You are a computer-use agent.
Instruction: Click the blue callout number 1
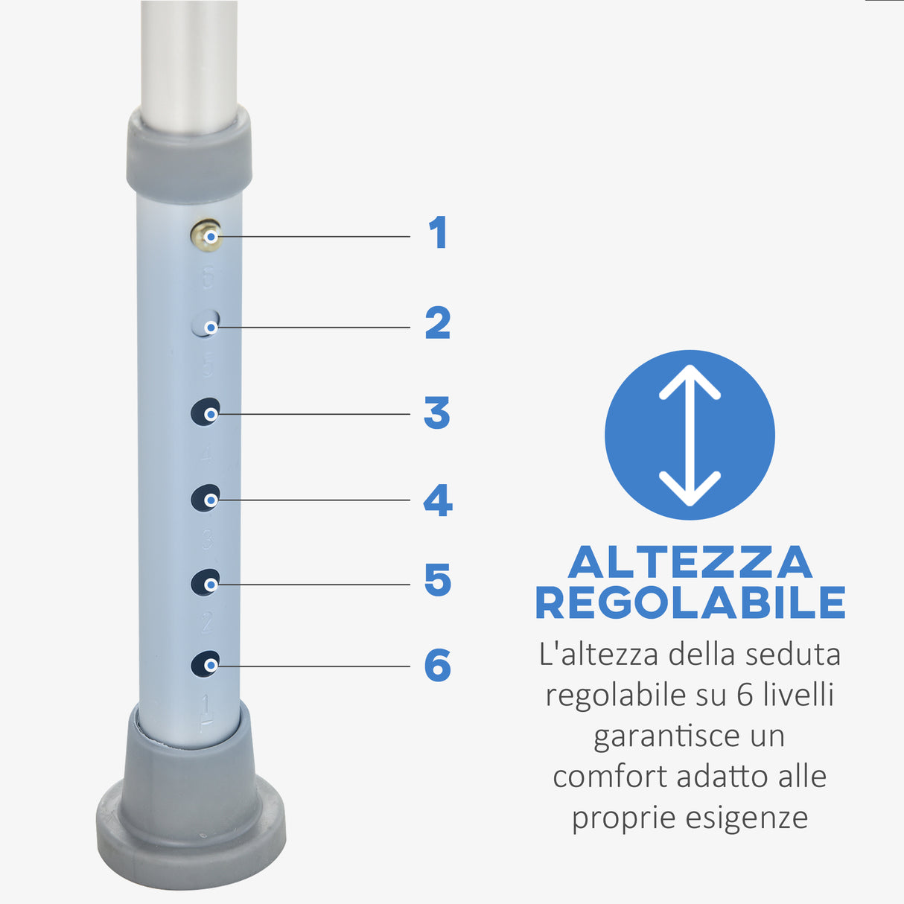coord(438,233)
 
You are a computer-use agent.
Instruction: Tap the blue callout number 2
coord(438,323)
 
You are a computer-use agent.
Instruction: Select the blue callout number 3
coord(437,413)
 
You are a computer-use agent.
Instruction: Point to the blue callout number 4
coord(438,500)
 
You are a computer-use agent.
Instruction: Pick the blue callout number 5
coord(438,581)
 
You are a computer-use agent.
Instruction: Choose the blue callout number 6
coord(438,665)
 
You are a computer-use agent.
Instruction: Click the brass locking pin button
coord(206,235)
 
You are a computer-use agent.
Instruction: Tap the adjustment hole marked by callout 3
coord(206,412)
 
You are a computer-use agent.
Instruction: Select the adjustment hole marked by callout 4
coord(206,497)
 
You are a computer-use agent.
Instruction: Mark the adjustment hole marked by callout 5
coord(206,582)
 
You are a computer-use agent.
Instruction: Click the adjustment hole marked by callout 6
coord(206,663)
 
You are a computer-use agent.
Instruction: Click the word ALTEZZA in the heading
coord(690,563)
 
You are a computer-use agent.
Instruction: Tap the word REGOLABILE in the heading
coord(690,603)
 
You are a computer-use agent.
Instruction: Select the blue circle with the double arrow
coord(690,435)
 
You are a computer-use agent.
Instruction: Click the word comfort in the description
coord(610,777)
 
